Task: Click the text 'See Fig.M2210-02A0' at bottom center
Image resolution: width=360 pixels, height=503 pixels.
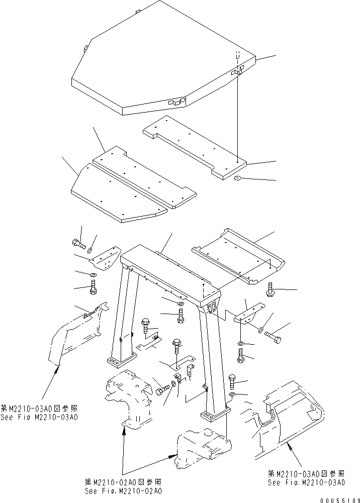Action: [x=123, y=491]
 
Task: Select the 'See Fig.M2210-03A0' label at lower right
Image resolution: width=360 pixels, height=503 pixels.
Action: [x=306, y=482]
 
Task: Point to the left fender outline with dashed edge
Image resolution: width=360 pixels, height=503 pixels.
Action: [x=75, y=334]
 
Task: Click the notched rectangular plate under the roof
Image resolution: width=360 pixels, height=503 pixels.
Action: [x=194, y=146]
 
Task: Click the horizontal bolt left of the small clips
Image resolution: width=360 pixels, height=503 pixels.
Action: [x=163, y=390]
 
